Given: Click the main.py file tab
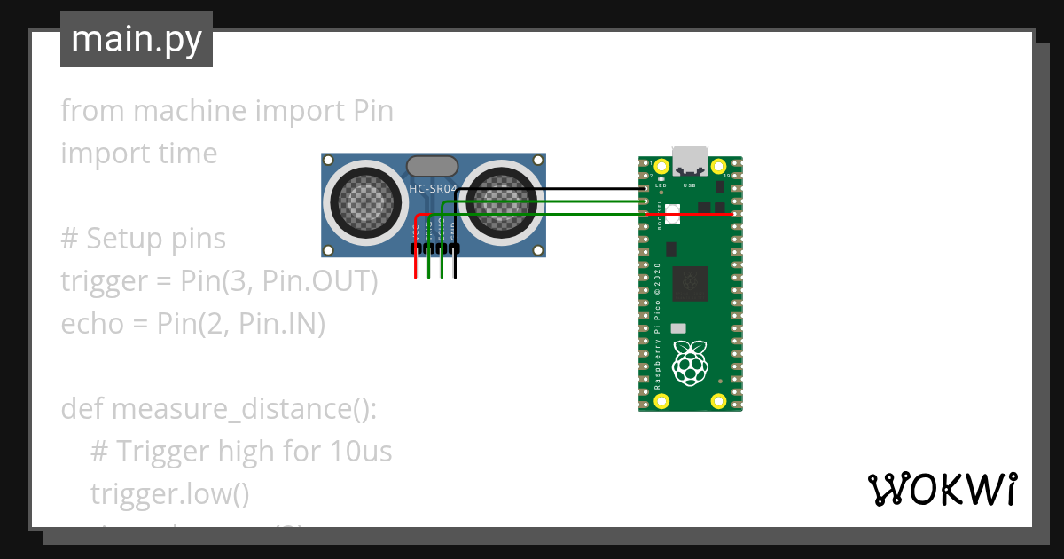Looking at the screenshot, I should click(136, 39).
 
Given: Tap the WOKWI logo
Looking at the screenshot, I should click(942, 489).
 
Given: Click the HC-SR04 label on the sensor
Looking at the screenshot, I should click(433, 188).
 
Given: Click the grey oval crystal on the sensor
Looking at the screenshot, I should click(432, 166).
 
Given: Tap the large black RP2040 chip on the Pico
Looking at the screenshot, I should click(691, 282).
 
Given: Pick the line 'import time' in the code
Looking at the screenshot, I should click(138, 154).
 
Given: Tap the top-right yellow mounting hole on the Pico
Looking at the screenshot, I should click(719, 166).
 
